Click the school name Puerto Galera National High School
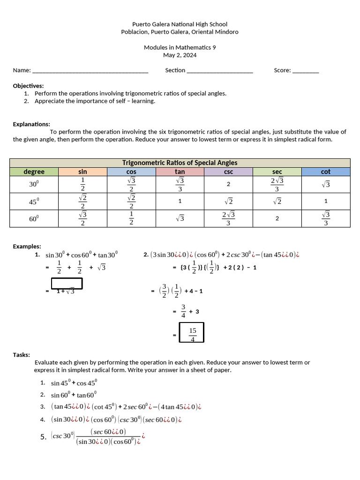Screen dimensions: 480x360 tap(180, 24)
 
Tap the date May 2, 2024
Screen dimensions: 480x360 tap(180, 55)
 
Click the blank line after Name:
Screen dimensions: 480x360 tap(90, 71)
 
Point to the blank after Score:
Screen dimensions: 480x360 tap(305, 71)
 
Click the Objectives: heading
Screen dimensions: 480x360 tap(28, 86)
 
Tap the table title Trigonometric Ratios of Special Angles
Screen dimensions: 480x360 tap(180, 163)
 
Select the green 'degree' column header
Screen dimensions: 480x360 tap(34, 172)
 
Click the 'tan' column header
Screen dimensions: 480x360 tap(180, 172)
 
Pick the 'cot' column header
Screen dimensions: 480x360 tap(326, 172)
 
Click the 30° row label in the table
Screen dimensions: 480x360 tap(34, 184)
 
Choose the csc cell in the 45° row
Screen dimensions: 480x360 tap(228, 201)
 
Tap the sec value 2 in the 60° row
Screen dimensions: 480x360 tap(277, 218)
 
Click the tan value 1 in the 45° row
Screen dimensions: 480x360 tap(180, 201)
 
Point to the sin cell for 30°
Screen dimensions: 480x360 tap(82, 184)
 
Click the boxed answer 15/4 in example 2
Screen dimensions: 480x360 tap(192, 333)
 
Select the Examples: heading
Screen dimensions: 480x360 tap(27, 246)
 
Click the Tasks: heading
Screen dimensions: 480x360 tap(22, 355)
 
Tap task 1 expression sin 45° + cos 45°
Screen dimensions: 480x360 tap(74, 382)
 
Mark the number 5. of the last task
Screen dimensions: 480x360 tap(43, 437)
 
